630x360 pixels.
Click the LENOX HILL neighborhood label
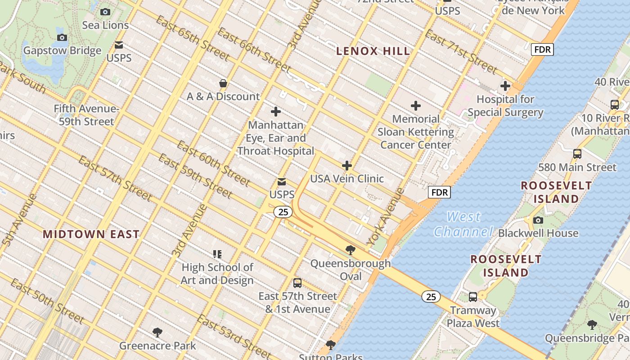pos(373,51)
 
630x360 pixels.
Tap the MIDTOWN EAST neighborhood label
pos(91,234)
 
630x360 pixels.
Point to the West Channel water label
pos(463,224)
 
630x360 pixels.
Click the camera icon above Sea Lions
pos(105,12)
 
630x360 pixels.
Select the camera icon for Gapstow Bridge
pos(62,37)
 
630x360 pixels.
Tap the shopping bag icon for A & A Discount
pos(223,83)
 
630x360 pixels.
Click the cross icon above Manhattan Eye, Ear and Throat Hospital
pos(276,112)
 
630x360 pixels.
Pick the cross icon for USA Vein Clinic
pos(346,166)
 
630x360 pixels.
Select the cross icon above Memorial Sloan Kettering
pos(416,106)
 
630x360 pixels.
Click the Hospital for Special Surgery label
pos(505,106)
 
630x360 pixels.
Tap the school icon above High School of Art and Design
pos(217,254)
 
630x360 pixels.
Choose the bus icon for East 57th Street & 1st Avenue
pos(297,283)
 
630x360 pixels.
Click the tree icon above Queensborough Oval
pos(350,250)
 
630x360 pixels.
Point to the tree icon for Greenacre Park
pos(157,333)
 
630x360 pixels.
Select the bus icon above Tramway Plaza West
pos(472,297)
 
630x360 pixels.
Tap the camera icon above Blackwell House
pos(538,220)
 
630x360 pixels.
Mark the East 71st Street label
pos(461,52)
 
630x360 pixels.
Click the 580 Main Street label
pos(577,167)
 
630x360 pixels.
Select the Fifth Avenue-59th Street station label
pos(86,115)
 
